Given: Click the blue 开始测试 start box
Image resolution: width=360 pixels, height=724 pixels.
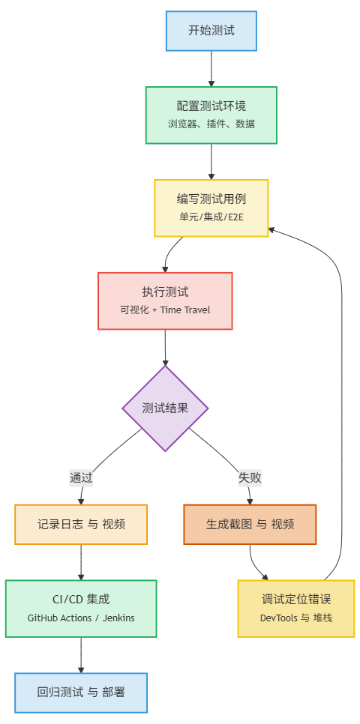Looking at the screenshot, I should pyautogui.click(x=211, y=31).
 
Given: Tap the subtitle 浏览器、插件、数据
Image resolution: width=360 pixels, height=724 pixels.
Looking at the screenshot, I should pyautogui.click(x=211, y=124).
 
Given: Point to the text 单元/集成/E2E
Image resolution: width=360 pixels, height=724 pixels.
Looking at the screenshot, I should pyautogui.click(x=211, y=217).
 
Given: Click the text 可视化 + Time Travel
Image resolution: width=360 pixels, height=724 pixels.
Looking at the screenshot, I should pyautogui.click(x=165, y=310).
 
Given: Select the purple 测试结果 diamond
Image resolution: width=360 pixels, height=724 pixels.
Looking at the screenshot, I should pyautogui.click(x=165, y=408).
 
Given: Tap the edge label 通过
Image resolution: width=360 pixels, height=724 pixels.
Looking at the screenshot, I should pyautogui.click(x=81, y=477).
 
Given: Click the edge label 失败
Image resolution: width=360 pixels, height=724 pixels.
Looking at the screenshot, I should pyautogui.click(x=250, y=477).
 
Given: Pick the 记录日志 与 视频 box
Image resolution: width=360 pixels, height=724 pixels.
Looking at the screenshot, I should pyautogui.click(x=81, y=524).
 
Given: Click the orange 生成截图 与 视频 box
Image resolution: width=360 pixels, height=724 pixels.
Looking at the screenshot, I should pyautogui.click(x=250, y=524).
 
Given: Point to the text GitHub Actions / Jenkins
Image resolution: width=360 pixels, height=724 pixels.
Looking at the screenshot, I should pyautogui.click(x=81, y=618).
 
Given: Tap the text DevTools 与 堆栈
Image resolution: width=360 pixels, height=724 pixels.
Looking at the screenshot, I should pyautogui.click(x=295, y=618).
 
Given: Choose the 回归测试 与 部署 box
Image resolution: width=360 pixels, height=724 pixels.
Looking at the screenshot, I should pyautogui.click(x=81, y=692).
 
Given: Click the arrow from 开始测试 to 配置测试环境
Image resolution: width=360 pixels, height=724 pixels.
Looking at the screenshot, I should pyautogui.click(x=211, y=68).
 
